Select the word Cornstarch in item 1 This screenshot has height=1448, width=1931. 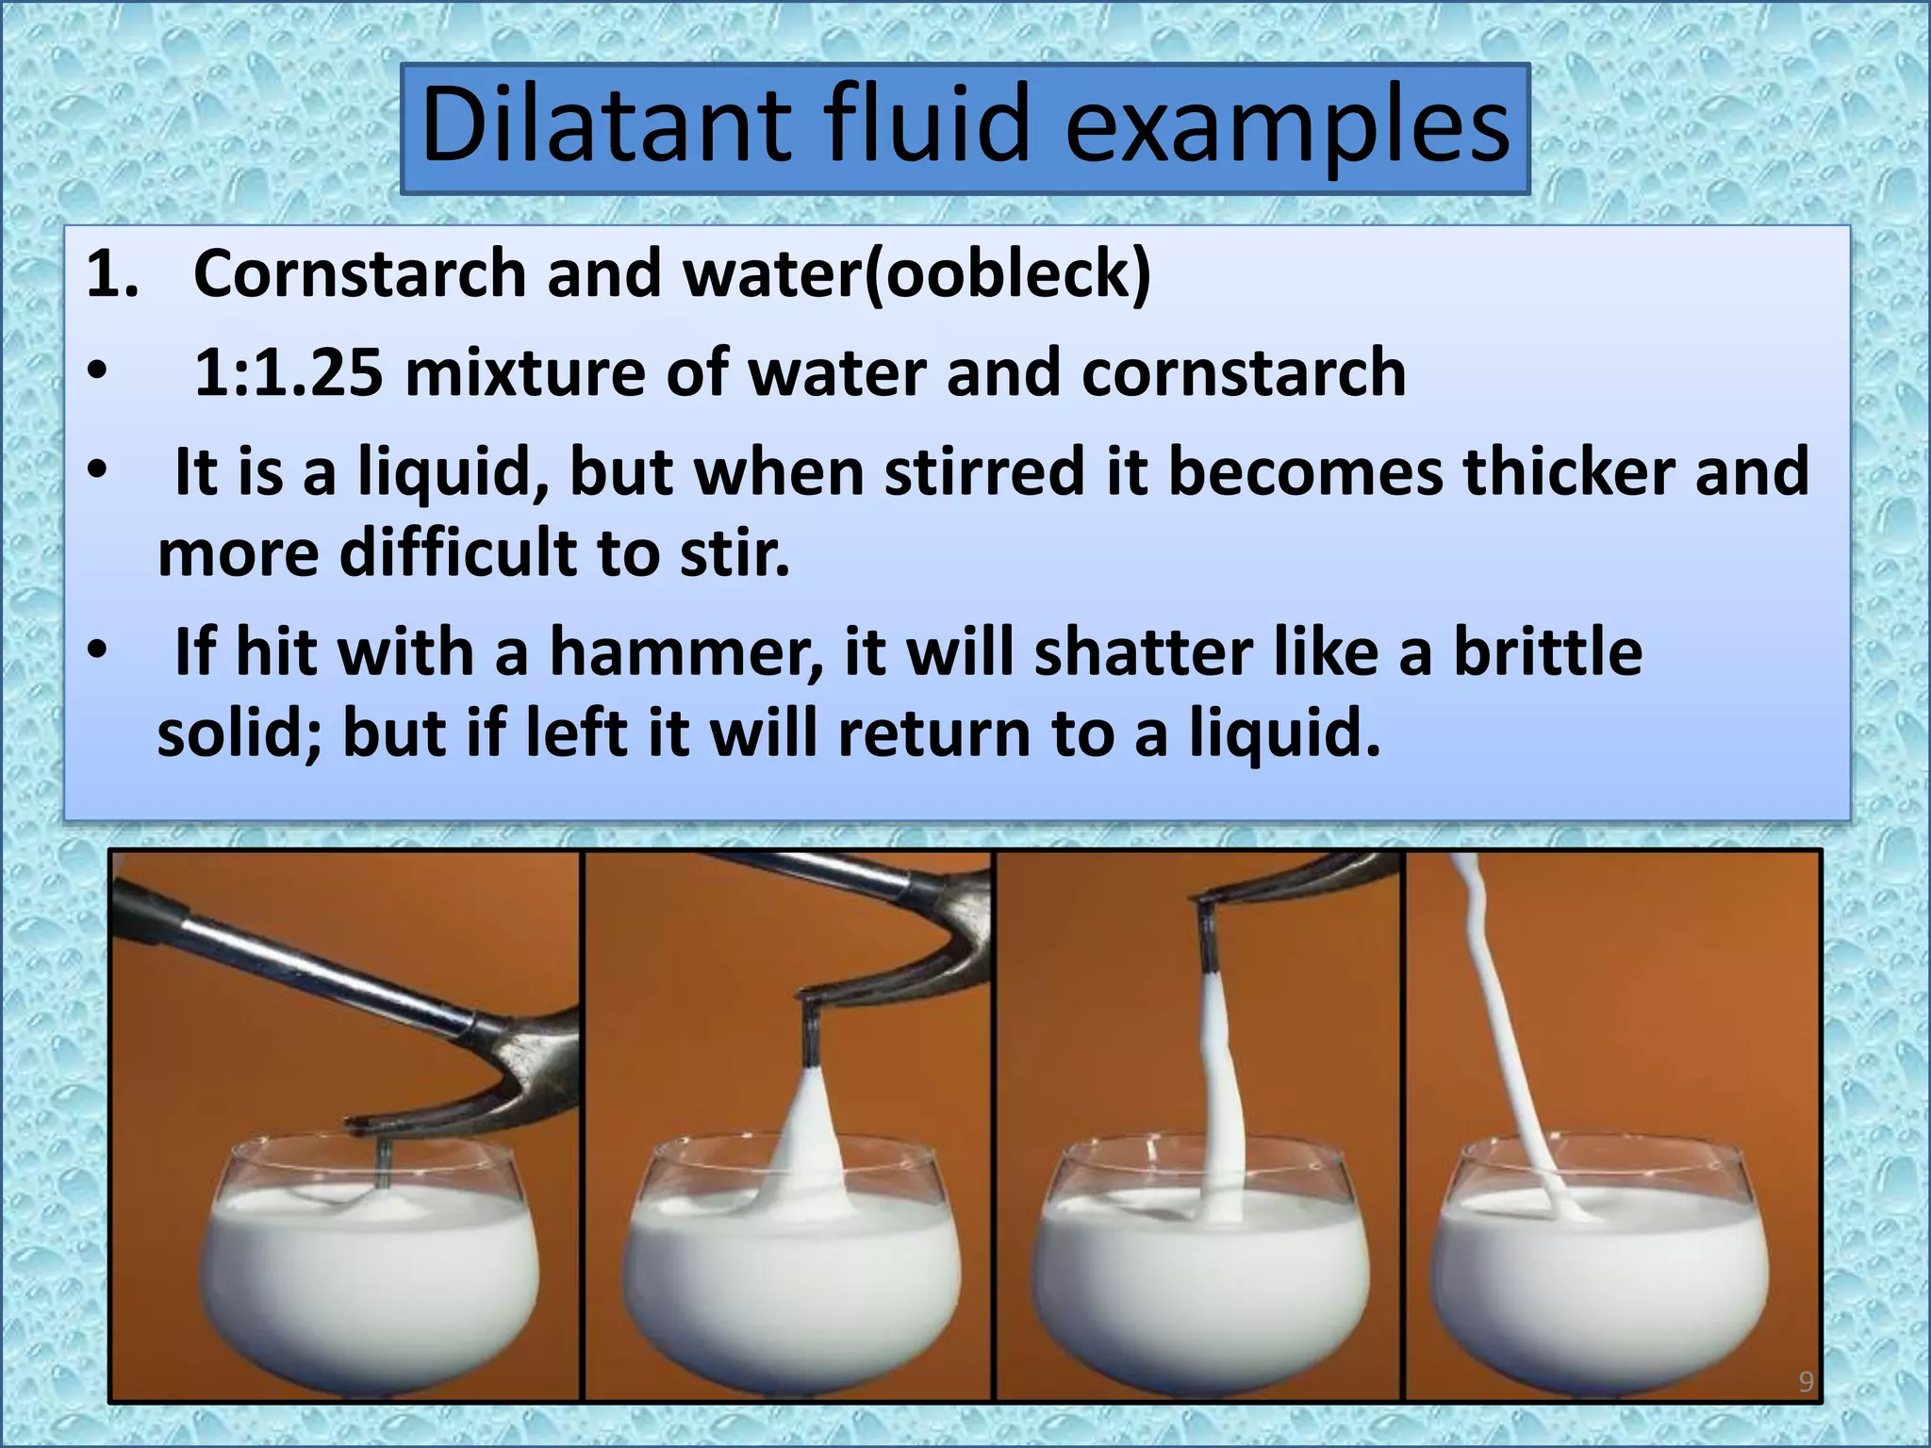pyautogui.click(x=359, y=273)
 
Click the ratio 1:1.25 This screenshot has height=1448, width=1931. pyautogui.click(x=289, y=372)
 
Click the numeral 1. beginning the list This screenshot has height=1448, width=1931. pyautogui.click(x=112, y=274)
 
